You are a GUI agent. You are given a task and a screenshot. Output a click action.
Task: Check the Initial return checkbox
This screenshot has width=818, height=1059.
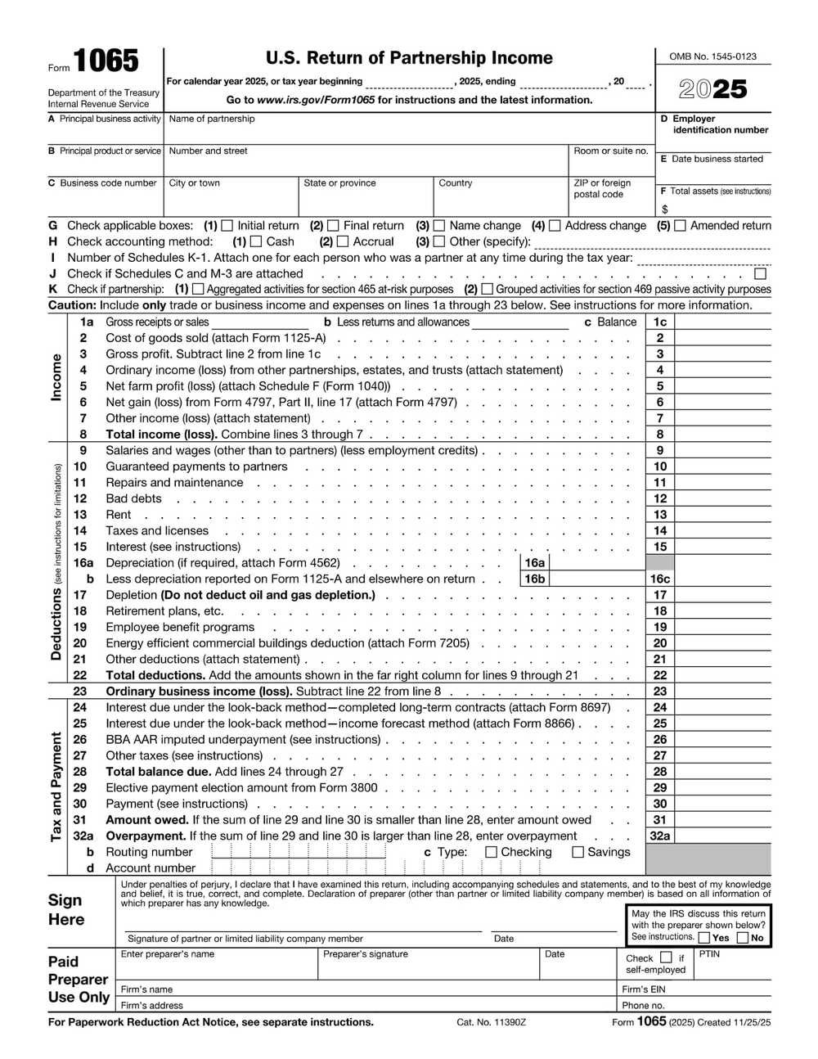click(227, 226)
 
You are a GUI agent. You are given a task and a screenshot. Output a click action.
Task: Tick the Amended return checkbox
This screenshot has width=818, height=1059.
click(680, 226)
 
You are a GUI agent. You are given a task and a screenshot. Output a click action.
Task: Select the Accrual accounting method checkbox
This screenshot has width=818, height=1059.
click(343, 241)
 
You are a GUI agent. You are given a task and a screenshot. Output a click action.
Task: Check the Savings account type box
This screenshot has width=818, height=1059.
click(578, 852)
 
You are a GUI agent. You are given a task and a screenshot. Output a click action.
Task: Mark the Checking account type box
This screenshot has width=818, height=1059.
click(491, 852)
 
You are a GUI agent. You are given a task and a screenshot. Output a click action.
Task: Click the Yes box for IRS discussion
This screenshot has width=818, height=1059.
click(703, 938)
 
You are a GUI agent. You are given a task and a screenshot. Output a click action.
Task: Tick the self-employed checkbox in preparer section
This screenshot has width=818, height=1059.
click(666, 958)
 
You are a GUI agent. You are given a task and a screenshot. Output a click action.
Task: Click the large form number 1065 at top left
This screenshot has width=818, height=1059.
click(106, 62)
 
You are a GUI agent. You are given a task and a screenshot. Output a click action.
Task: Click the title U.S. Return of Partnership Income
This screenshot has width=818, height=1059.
click(409, 58)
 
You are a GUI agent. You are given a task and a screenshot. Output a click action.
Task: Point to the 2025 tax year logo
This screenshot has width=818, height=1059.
click(712, 88)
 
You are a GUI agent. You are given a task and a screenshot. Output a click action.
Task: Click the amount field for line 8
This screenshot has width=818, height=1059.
click(722, 435)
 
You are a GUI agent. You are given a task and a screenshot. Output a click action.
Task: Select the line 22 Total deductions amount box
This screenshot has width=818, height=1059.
click(722, 675)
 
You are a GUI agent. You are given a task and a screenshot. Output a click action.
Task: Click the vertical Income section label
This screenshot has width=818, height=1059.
click(56, 377)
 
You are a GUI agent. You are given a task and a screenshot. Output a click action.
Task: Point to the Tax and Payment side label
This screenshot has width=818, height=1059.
click(56, 786)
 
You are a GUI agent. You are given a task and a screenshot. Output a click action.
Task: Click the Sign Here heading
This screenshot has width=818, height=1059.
click(65, 909)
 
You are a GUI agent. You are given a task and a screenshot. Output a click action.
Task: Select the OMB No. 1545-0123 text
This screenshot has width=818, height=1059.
click(712, 56)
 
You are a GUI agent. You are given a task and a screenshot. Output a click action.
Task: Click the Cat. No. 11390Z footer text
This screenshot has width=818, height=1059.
click(491, 1022)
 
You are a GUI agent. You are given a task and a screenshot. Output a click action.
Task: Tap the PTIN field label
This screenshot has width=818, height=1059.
click(709, 954)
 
